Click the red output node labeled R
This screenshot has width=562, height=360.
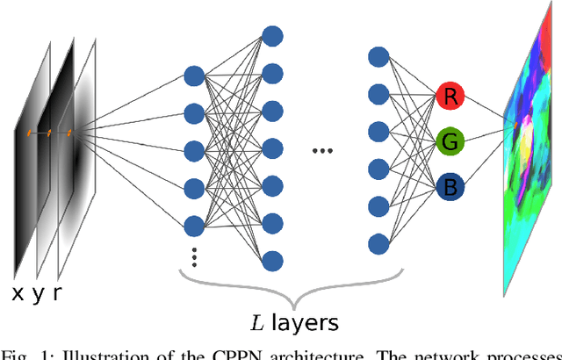[x=450, y=97]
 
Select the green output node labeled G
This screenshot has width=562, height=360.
[x=450, y=141]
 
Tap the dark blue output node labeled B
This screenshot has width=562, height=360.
[x=450, y=187]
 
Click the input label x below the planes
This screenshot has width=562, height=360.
[x=17, y=293]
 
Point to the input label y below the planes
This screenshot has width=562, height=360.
[x=38, y=294]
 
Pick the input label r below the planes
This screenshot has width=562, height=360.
[x=57, y=293]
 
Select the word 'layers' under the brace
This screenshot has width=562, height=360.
[x=305, y=323]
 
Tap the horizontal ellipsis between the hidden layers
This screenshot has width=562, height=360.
[x=323, y=150]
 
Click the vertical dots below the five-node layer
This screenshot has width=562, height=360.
[x=195, y=257]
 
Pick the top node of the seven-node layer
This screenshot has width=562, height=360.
[x=272, y=36]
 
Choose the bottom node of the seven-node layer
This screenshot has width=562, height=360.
[x=272, y=261]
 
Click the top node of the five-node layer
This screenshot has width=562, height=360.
[x=195, y=73]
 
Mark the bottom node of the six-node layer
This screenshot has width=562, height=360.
[x=379, y=242]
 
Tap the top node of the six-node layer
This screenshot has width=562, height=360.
[x=379, y=56]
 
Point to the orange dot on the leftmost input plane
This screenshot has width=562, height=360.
[x=28, y=133]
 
